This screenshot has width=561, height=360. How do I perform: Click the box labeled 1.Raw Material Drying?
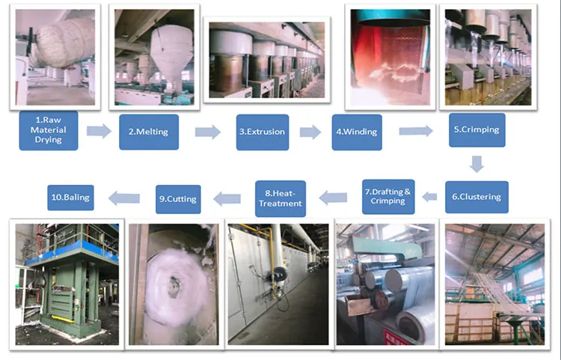click(49, 131)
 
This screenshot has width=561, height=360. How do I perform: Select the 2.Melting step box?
click(148, 132)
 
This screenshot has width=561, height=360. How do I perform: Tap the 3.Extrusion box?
click(262, 132)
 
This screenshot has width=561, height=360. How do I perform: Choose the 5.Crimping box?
click(474, 129)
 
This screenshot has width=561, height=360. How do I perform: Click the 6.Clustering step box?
click(476, 197)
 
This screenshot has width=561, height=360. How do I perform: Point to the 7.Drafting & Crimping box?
click(388, 197)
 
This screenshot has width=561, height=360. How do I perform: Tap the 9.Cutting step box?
click(177, 198)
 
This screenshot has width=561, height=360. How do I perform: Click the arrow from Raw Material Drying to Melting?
click(99, 132)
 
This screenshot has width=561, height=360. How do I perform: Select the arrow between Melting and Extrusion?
click(208, 132)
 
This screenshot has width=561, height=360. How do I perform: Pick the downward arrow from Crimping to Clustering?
click(476, 163)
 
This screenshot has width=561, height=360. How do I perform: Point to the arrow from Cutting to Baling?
click(125, 198)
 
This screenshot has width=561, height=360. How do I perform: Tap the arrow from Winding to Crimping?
click(415, 131)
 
